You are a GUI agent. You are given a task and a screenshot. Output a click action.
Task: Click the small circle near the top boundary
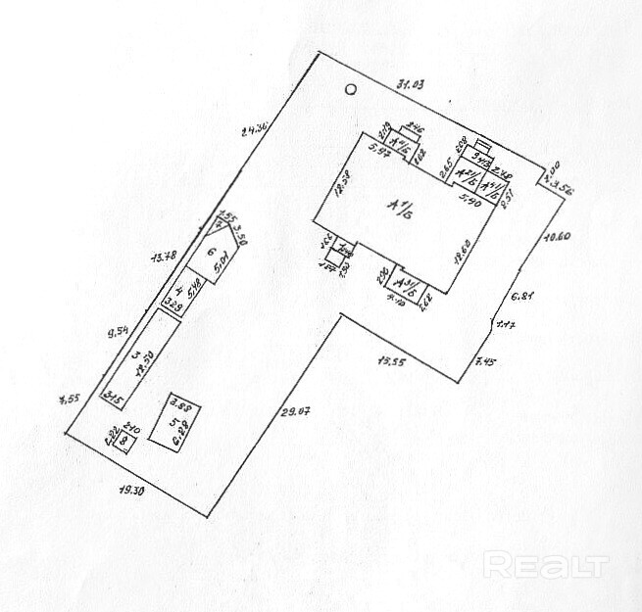tap(351, 90)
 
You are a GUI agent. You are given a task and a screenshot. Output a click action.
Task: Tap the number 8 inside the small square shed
tap(123, 442)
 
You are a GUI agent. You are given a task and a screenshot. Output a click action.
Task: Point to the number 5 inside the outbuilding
tap(173, 423)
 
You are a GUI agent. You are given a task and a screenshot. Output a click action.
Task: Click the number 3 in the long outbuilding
tap(136, 356)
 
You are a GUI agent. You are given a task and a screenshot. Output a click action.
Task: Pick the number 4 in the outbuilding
tap(177, 290)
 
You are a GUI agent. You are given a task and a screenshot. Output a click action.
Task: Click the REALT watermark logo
tap(546, 565)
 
